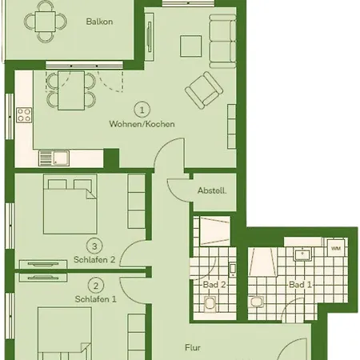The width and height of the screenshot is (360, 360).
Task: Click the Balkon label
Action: (99, 22)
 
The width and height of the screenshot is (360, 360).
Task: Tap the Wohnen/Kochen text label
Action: (142, 124)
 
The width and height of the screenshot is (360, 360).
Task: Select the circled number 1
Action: (142, 110)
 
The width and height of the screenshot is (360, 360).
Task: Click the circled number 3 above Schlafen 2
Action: (94, 246)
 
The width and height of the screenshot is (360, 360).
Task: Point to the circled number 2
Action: (96, 286)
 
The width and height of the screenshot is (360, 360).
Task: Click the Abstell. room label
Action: (212, 190)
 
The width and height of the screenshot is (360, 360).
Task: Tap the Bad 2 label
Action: (214, 285)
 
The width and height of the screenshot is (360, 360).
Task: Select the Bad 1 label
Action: (300, 285)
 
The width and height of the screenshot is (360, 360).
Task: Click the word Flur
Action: (193, 347)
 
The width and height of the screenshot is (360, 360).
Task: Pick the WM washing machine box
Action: (336, 248)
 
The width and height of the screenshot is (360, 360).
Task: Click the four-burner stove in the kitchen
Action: (24, 115)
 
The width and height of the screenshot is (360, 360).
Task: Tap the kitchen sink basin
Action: (61, 158)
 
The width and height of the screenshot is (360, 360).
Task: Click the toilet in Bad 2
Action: (210, 304)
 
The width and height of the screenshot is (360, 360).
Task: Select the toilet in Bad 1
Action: (256, 302)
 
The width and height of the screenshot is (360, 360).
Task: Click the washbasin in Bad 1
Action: (302, 254)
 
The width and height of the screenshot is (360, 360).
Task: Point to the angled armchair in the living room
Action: (204, 90)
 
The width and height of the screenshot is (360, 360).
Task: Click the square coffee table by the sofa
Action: (190, 46)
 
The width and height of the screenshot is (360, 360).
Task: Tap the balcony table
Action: (46, 22)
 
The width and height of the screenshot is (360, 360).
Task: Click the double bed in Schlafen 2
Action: (70, 205)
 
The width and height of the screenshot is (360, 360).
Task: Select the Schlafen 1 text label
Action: (96, 299)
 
